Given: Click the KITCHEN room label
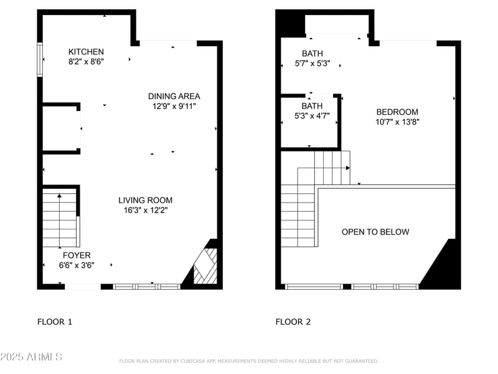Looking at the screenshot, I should pyautogui.click(x=86, y=52).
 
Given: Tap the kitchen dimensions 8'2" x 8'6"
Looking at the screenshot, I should pyautogui.click(x=86, y=62).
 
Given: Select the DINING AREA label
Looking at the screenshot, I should pyautogui.click(x=174, y=96).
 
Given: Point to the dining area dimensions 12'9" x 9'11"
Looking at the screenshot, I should pyautogui.click(x=174, y=106).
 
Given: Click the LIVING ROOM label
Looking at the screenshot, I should pyautogui.click(x=145, y=200).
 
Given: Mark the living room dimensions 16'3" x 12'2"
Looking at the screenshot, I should pyautogui.click(x=145, y=210).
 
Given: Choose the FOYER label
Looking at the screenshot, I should pyautogui.click(x=77, y=255).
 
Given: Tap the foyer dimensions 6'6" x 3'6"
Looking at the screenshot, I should pyautogui.click(x=77, y=265).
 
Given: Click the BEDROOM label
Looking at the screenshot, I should pyautogui.click(x=397, y=112).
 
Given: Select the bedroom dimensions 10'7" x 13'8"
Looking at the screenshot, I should pyautogui.click(x=397, y=122).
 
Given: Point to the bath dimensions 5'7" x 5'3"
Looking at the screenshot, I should pyautogui.click(x=312, y=63).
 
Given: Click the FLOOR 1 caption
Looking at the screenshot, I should pyautogui.click(x=55, y=322).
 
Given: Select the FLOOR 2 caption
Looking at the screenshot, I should pyautogui.click(x=293, y=322).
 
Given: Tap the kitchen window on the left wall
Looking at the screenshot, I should pyautogui.click(x=40, y=59).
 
